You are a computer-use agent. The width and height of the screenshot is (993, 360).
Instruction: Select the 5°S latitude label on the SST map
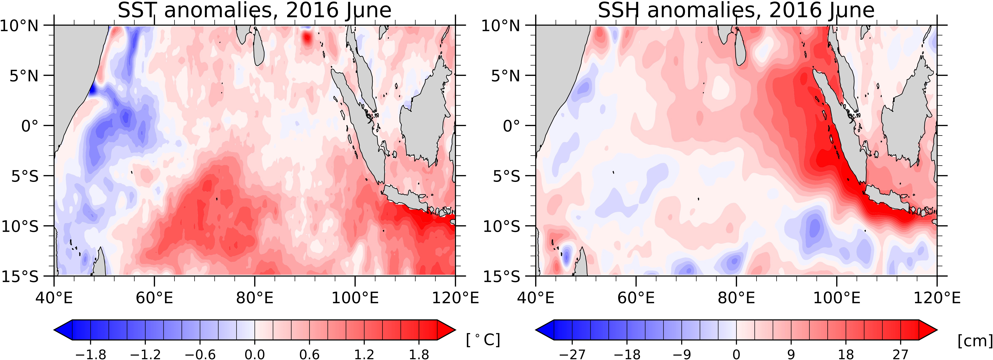point(24,176)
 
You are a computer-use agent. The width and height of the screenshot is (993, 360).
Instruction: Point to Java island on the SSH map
point(887,197)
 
